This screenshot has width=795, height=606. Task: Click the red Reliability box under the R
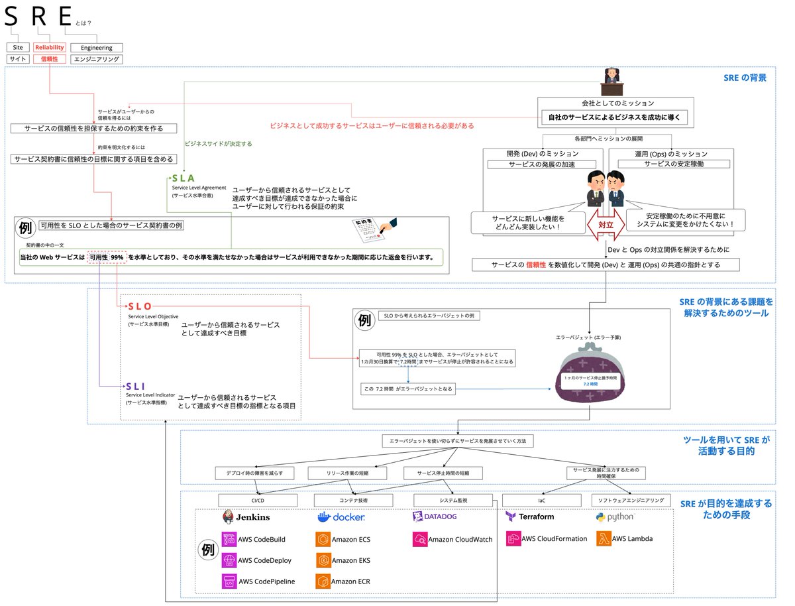tap(50, 48)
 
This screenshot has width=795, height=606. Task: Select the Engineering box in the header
tap(97, 48)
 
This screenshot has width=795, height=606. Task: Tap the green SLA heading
tap(183, 178)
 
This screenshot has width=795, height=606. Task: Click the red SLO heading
tap(140, 306)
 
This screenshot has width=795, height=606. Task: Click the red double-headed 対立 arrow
tap(606, 225)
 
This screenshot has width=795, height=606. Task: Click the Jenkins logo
tap(246, 517)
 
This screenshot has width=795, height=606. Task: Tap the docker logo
tap(341, 517)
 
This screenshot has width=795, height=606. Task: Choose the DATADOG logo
tap(435, 516)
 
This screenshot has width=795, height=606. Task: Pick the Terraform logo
tap(529, 516)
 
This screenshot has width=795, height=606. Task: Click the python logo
tap(615, 516)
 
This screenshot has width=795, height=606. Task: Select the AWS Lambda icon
tap(604, 538)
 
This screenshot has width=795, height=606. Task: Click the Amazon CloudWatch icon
tap(419, 539)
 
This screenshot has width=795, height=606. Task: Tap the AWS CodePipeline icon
tap(229, 581)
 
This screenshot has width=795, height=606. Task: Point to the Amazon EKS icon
tap(323, 560)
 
